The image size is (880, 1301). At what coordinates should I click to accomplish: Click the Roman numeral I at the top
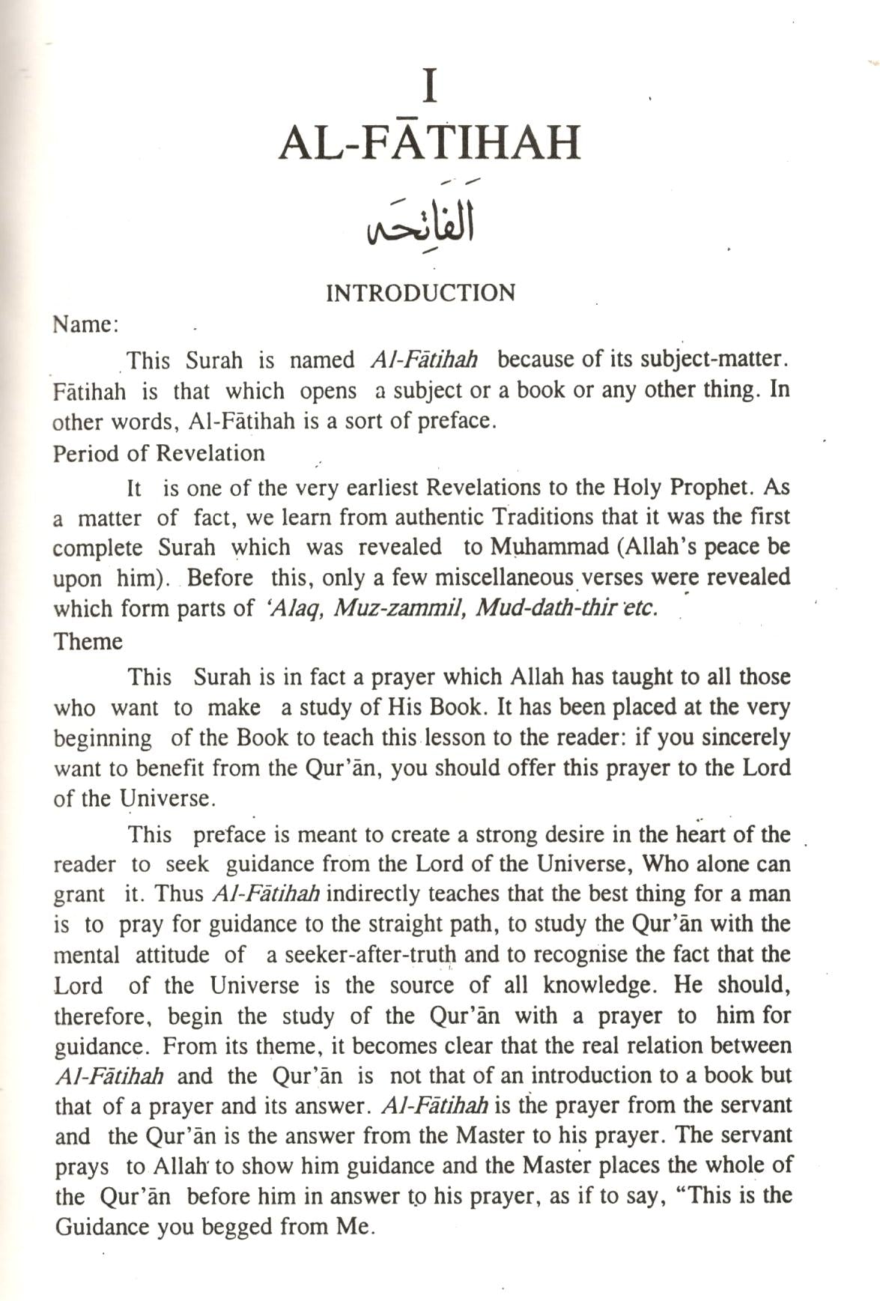pos(429,87)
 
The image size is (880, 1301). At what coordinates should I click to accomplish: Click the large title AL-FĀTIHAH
pos(429,142)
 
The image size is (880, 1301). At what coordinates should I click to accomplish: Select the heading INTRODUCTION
pos(420,293)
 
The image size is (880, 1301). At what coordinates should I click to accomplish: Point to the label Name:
pos(85,325)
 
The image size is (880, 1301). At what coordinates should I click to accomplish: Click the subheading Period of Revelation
pos(159,453)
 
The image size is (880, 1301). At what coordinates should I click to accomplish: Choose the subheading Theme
pos(88,642)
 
